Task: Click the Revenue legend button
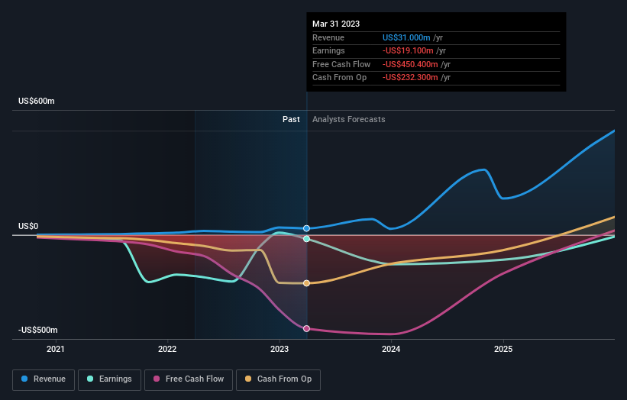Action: tap(44, 379)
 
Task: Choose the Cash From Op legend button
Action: tap(278, 379)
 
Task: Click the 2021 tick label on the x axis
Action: tap(56, 350)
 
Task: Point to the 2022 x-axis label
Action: tap(167, 350)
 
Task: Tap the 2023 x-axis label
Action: tap(280, 350)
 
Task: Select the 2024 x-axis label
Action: tap(391, 350)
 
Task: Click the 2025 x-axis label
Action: tap(503, 350)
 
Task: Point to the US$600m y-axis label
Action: tap(37, 102)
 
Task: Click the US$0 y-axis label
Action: tap(28, 227)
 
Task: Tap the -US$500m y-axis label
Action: tap(38, 330)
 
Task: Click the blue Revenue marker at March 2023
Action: tap(306, 228)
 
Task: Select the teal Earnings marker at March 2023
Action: tap(306, 239)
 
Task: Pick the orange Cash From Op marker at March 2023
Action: tap(306, 283)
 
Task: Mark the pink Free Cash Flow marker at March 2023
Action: tap(306, 328)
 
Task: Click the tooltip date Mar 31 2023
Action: tap(335, 23)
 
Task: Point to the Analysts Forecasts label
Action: tap(349, 120)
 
